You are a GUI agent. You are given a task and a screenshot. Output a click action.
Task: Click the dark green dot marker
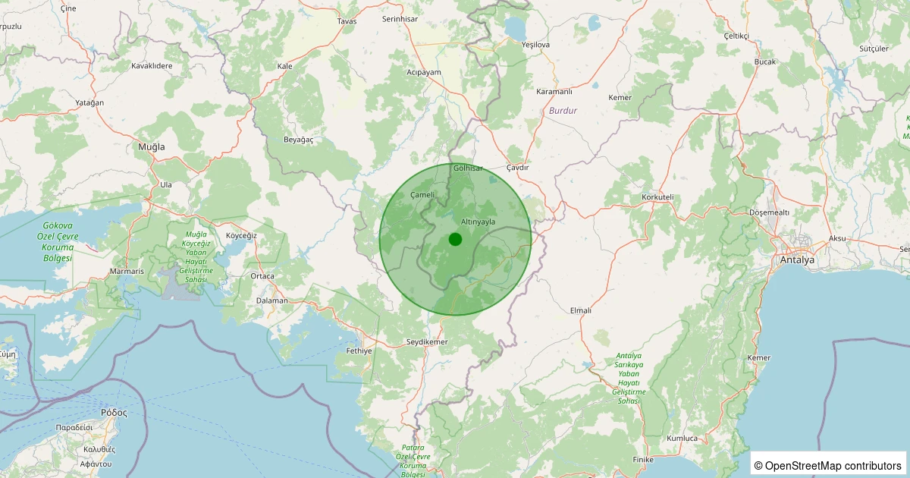point(455,240)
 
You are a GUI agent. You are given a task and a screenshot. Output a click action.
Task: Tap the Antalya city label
point(796,260)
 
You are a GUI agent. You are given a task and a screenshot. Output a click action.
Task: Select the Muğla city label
point(151,146)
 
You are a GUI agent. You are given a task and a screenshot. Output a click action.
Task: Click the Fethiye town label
point(359,351)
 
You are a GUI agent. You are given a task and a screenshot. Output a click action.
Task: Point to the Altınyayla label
point(478,221)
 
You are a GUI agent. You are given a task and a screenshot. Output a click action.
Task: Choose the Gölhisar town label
point(467,168)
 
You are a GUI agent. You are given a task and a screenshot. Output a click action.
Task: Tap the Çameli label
point(422,195)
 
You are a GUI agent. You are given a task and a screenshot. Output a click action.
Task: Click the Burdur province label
point(563,111)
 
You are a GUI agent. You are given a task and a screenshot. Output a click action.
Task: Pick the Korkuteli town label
point(657,197)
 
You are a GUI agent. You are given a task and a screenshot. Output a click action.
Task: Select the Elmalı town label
point(580,310)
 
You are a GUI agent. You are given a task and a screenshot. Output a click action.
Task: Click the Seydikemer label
point(428,342)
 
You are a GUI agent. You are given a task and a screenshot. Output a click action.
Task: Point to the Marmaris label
point(127,271)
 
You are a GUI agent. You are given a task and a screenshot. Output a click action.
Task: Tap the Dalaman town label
point(272,300)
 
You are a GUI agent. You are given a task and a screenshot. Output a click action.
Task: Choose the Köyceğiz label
point(242,235)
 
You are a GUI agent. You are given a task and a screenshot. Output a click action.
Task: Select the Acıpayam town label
point(424,72)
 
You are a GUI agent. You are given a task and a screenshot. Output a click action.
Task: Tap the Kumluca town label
point(682,439)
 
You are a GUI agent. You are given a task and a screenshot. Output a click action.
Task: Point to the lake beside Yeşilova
point(516,28)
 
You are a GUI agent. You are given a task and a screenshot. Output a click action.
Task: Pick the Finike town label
point(643,460)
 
